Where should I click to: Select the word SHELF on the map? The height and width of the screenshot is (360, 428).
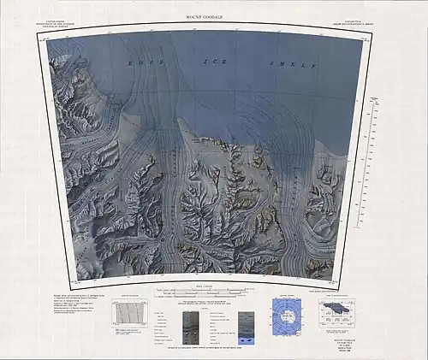click(292, 64)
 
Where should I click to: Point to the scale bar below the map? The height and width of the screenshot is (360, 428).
click(204, 293)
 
